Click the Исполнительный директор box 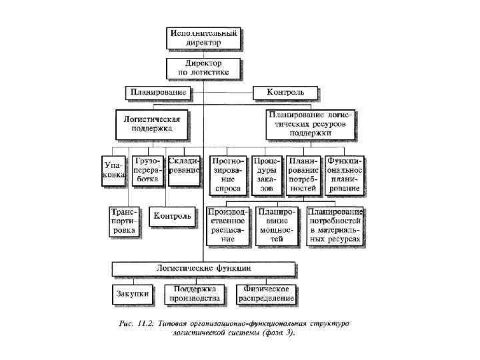coord(203,37)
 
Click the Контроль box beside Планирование coord(285,91)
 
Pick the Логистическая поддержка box coord(153,124)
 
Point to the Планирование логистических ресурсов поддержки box coord(309,124)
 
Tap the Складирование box coord(184,165)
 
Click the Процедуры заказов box coord(267,175)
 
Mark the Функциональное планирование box coord(344,175)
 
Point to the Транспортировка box coord(123,220)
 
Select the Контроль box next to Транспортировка coord(173,216)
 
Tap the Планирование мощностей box coord(277,225)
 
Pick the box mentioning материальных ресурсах coord(335,225)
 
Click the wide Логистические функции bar coord(203,267)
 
